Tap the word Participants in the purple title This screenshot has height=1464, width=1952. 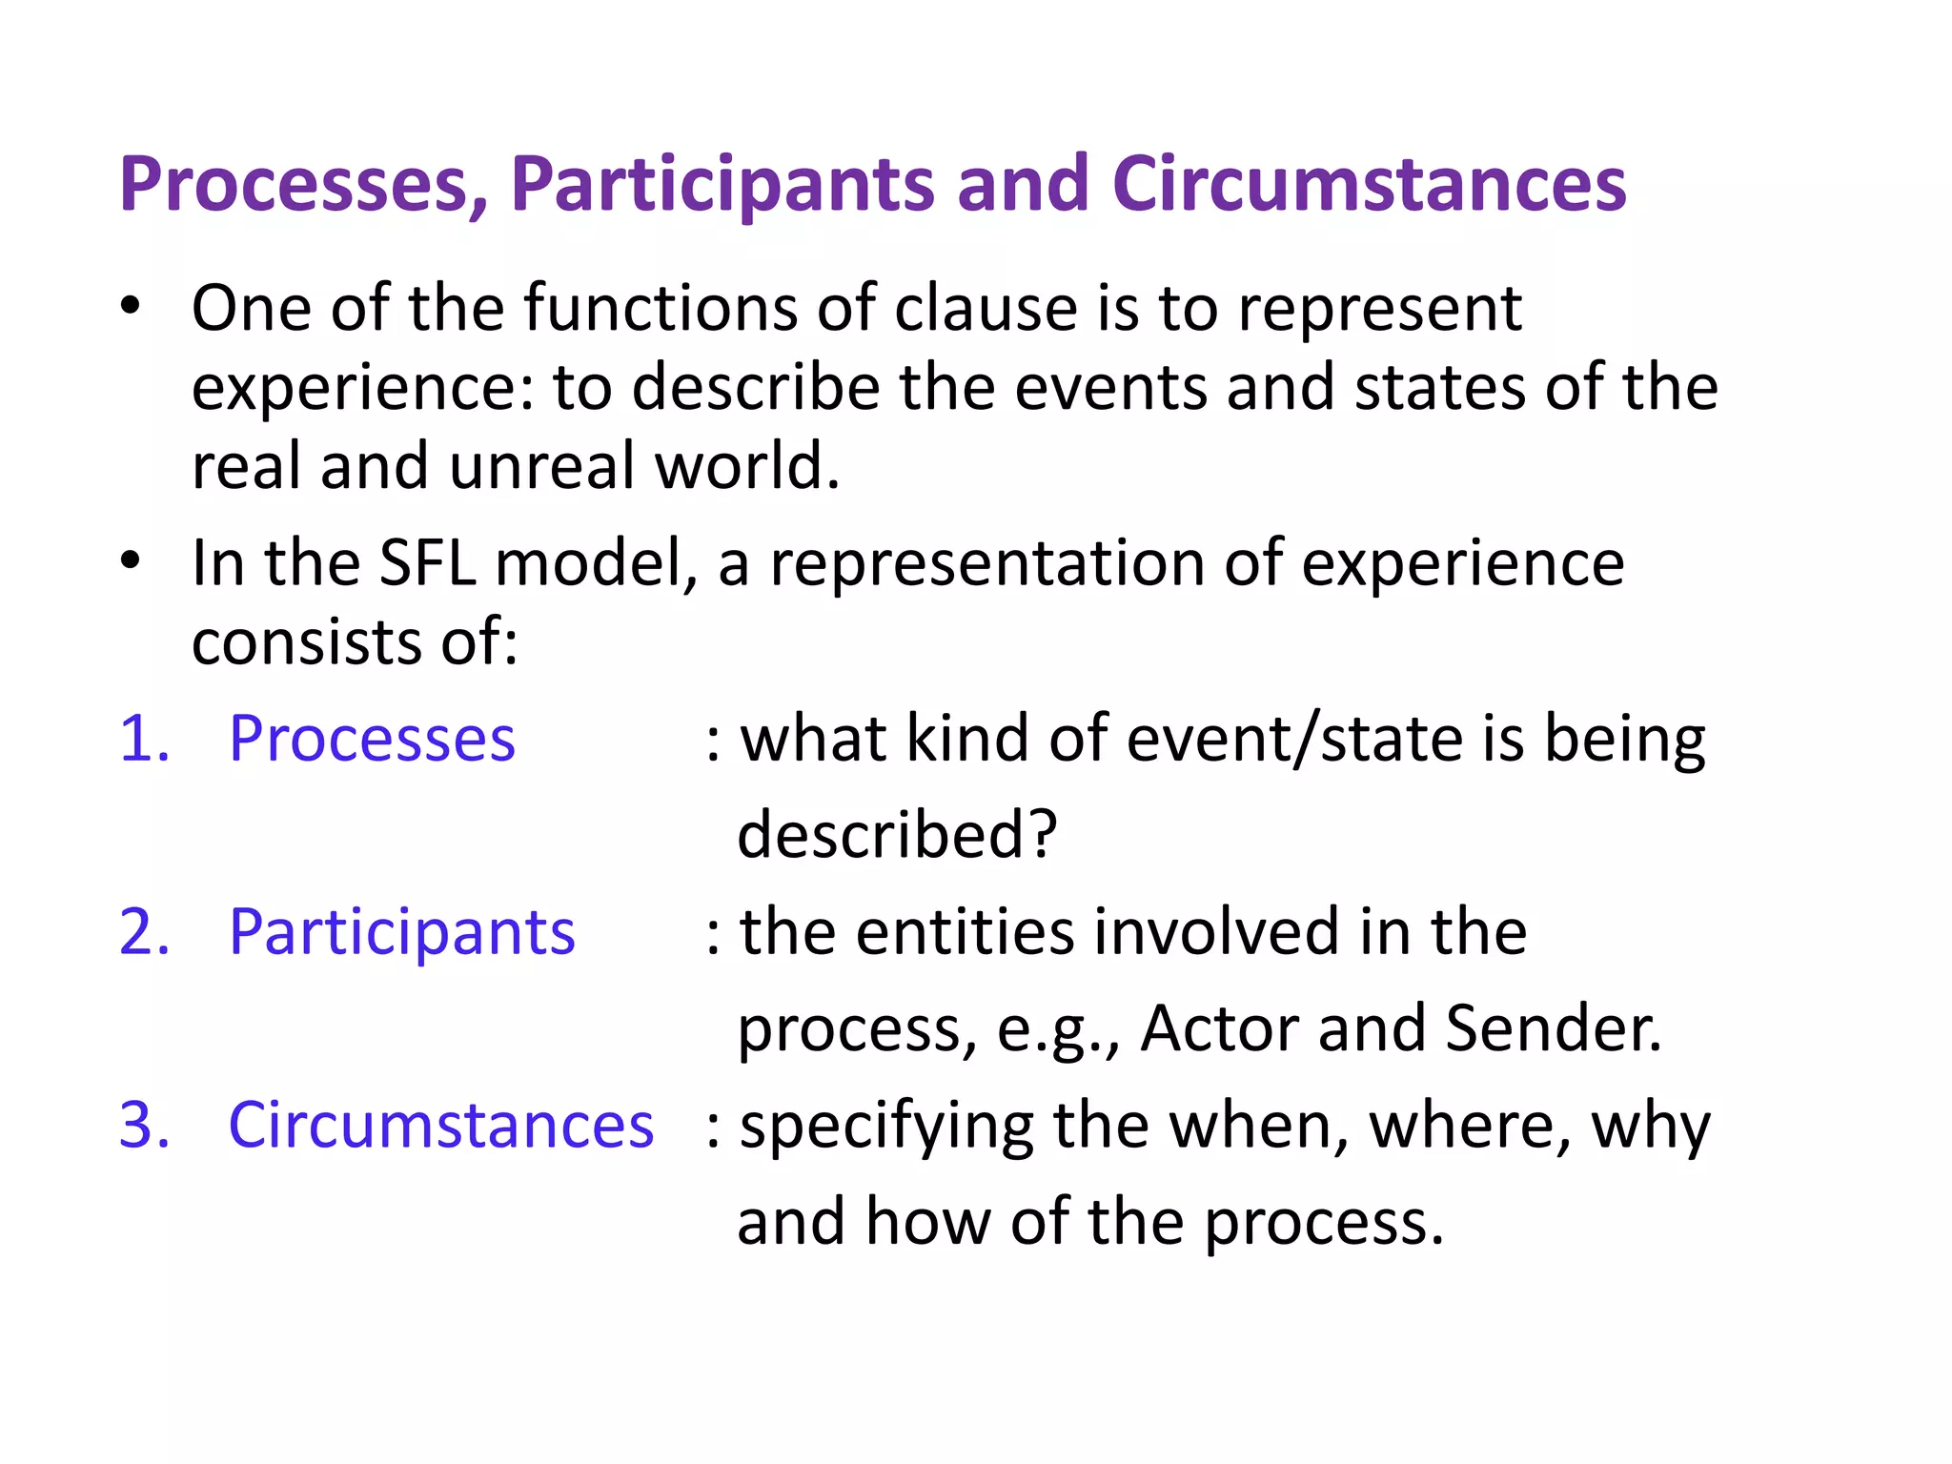[722, 185]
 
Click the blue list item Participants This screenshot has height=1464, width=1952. [401, 932]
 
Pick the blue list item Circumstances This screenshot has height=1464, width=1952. [440, 1126]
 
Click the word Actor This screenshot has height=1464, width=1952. [1219, 1028]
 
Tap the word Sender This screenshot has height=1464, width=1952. [1553, 1028]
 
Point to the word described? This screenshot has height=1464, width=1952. [897, 835]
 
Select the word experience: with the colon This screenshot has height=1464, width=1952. [363, 389]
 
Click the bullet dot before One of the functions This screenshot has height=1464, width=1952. [131, 307]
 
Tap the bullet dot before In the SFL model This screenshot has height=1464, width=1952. [131, 561]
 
